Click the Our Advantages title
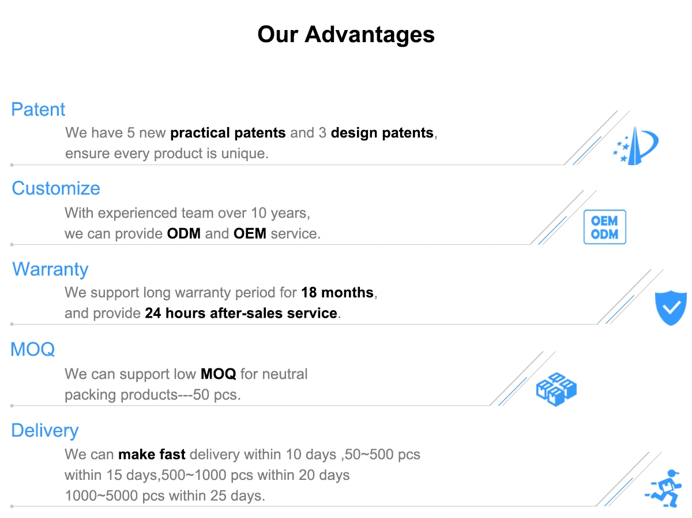(346, 35)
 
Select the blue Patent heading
(38, 110)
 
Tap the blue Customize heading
(56, 188)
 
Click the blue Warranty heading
(50, 269)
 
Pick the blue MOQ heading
(33, 349)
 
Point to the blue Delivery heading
(45, 431)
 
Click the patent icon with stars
(635, 146)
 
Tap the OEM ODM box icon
(605, 227)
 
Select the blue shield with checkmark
(671, 308)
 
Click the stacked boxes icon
(556, 389)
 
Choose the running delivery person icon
(664, 489)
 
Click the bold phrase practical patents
(228, 133)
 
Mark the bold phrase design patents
(382, 133)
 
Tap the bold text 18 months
(337, 293)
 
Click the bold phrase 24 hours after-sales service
(241, 314)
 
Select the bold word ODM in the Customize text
(184, 234)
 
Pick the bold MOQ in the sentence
(218, 374)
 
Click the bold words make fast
(152, 454)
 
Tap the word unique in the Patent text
(245, 154)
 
